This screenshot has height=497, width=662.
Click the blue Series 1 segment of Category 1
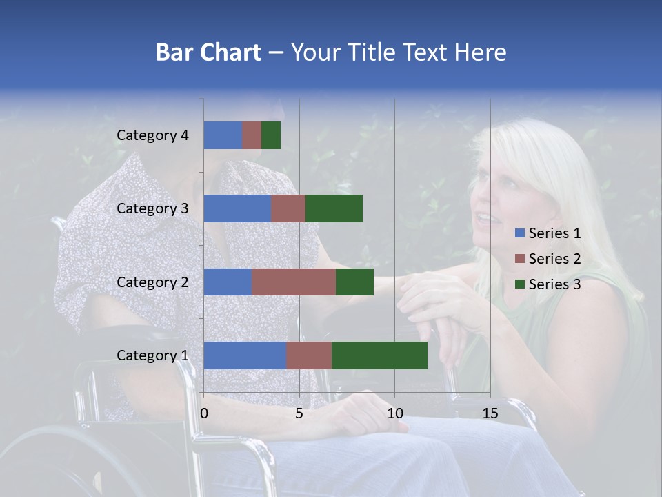[x=245, y=355]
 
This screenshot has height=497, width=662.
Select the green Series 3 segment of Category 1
[x=379, y=355]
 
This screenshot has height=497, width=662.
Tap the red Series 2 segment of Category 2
[x=294, y=282]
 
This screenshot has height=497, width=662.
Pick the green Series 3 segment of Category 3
[x=334, y=208]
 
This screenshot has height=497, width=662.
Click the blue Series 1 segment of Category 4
[x=223, y=135]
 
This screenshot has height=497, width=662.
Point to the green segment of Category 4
[x=271, y=135]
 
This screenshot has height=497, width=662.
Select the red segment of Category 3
[x=288, y=208]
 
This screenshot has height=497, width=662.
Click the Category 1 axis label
[x=152, y=355]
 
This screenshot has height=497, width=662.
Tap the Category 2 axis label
[x=152, y=282]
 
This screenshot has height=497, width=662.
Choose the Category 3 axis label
[x=152, y=208]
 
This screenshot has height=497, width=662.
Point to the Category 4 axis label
[x=152, y=135]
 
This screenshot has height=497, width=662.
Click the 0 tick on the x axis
[x=204, y=413]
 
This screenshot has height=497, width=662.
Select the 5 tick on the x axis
[x=299, y=413]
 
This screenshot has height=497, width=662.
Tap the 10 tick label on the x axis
[x=394, y=413]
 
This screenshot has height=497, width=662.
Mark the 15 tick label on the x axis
[x=490, y=413]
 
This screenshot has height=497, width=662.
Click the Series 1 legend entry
[x=548, y=233]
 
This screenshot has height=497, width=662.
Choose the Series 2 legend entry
[x=548, y=259]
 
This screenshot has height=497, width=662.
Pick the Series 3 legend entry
[x=548, y=284]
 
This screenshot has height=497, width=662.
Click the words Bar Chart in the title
[x=208, y=52]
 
